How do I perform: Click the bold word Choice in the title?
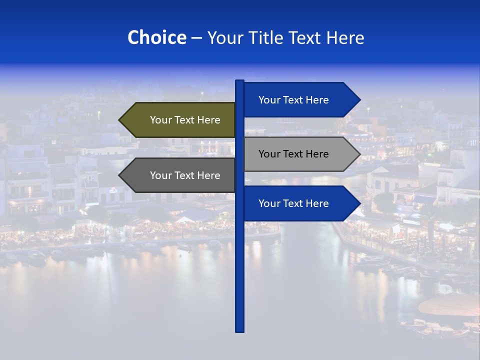coord(156,37)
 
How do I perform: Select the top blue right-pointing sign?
coord(295,100)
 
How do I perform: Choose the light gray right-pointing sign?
coord(295,154)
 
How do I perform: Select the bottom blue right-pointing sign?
coord(295,203)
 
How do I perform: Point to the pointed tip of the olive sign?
coord(120,120)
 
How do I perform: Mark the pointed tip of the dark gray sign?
coord(120,175)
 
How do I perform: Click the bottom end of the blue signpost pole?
coord(240,330)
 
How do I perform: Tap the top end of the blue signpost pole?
coord(240,82)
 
